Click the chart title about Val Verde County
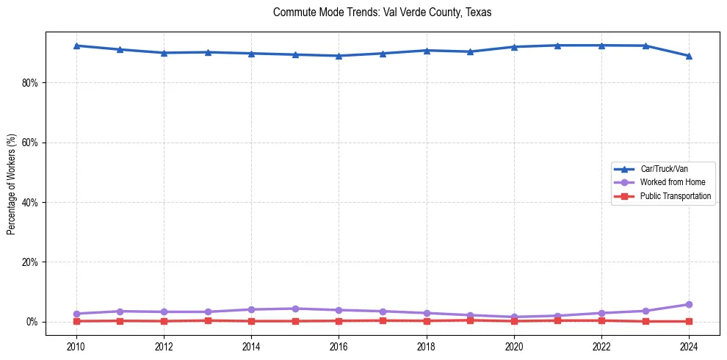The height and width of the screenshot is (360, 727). click(x=382, y=12)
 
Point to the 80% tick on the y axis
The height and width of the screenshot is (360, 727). click(x=29, y=83)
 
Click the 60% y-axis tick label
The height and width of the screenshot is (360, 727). click(x=29, y=143)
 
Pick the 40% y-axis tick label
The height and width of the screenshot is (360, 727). click(x=29, y=202)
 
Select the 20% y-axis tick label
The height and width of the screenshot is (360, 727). click(x=29, y=262)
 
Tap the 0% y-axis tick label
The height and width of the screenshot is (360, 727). click(x=32, y=322)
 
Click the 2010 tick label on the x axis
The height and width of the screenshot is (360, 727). click(x=76, y=346)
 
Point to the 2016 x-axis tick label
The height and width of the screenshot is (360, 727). click(x=339, y=346)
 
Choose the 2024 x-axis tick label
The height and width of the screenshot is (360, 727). click(x=689, y=346)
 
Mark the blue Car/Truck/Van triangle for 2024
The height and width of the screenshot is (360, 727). click(x=689, y=56)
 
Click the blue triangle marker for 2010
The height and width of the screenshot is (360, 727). click(x=76, y=46)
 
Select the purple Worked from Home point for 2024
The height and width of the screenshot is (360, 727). click(x=689, y=304)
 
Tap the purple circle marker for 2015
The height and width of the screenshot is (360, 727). click(x=295, y=309)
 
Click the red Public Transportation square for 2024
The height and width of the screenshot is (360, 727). click(x=689, y=321)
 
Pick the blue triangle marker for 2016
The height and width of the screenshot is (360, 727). click(x=339, y=56)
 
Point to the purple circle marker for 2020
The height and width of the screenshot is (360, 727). click(x=514, y=317)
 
